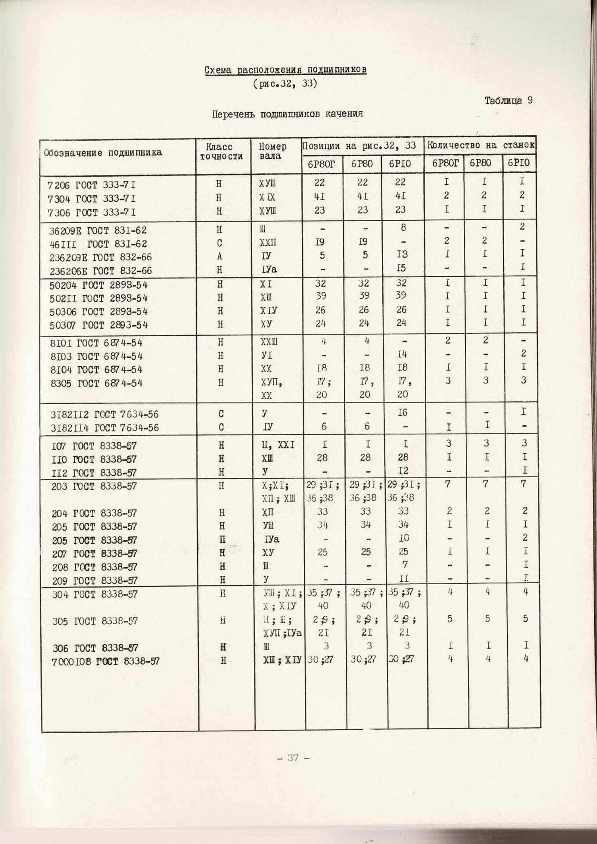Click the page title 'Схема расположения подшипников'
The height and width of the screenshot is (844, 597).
[x=285, y=70]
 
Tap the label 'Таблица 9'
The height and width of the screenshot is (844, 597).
[x=508, y=100]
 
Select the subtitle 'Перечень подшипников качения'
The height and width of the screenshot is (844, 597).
[x=287, y=114]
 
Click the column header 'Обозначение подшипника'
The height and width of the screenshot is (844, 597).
[x=103, y=153]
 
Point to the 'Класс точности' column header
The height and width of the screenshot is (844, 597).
[x=221, y=151]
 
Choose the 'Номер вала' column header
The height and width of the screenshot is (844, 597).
[x=272, y=151]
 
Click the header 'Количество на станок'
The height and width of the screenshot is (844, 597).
[x=481, y=145]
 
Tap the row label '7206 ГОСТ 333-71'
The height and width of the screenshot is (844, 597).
[x=91, y=185]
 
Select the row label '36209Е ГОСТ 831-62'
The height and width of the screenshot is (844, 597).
[x=98, y=230]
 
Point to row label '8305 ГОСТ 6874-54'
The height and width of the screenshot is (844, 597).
[x=96, y=383]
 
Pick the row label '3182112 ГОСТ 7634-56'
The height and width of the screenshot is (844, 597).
[x=104, y=415]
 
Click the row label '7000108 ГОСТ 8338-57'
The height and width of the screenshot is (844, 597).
[x=105, y=662]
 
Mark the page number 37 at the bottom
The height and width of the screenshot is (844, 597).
[x=293, y=757]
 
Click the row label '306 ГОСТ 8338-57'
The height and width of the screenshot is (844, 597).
[x=95, y=648]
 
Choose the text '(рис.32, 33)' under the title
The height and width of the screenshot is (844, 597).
[x=285, y=84]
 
